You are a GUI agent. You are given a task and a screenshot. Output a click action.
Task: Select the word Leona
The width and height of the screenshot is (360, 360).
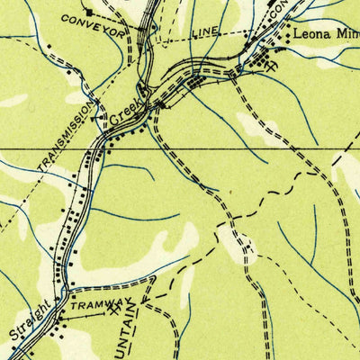[313, 36]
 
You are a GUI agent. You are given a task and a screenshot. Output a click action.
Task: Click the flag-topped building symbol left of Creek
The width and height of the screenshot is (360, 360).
[99, 117]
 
